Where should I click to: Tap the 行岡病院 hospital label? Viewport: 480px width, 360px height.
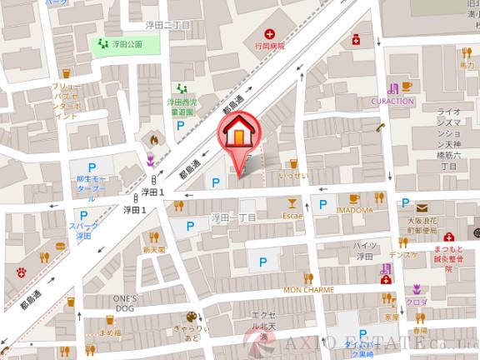point(269,47)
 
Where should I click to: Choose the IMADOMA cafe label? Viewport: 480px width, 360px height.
point(354,211)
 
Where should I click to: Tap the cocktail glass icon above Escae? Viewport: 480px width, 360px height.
point(291,202)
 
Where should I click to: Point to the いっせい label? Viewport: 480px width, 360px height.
point(293,176)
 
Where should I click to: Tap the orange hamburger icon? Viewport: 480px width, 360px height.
point(60,246)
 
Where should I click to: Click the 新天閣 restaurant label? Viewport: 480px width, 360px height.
point(154,249)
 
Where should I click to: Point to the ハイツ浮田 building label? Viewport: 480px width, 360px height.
point(365,251)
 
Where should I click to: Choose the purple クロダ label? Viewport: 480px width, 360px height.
point(416,301)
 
